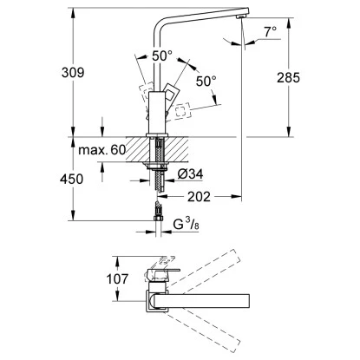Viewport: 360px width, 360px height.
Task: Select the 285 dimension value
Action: (x=287, y=77)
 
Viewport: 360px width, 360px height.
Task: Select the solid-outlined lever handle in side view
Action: (x=171, y=98)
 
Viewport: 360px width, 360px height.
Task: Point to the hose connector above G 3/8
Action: (x=158, y=212)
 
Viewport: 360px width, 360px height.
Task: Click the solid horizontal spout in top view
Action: (x=234, y=304)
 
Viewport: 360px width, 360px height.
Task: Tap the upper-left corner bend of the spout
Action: (x=161, y=17)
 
